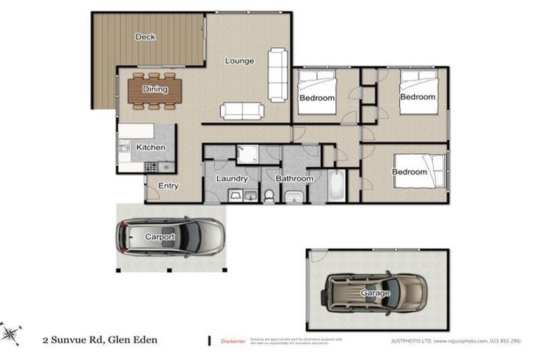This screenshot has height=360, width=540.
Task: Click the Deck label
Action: [x=146, y=37]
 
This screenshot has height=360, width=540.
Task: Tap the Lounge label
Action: [x=239, y=61]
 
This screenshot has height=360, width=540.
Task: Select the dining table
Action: [x=155, y=90]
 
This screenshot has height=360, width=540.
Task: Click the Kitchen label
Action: [x=150, y=148]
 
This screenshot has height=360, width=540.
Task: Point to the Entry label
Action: [x=168, y=186]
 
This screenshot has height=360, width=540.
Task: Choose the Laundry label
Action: [x=232, y=179]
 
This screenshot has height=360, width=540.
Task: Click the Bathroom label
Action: [x=294, y=179]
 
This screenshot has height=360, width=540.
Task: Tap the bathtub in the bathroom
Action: [x=336, y=187]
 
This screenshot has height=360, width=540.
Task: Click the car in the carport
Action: [x=170, y=237]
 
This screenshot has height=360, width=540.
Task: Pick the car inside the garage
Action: [x=375, y=291]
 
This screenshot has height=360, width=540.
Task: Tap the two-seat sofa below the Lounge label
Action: [x=242, y=110]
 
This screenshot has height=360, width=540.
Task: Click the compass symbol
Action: [x=11, y=331]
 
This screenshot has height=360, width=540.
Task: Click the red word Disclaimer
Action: [x=233, y=341]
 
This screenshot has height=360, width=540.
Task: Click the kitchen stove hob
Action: [x=150, y=167]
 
